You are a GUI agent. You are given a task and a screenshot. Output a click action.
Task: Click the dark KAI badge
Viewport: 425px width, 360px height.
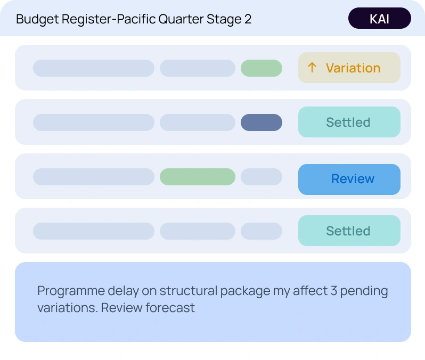pyautogui.click(x=379, y=19)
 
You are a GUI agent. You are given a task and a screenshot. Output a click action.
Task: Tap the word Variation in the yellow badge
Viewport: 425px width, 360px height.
pyautogui.click(x=353, y=68)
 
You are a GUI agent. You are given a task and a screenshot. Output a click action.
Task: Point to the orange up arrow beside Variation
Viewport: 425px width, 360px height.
pyautogui.click(x=312, y=68)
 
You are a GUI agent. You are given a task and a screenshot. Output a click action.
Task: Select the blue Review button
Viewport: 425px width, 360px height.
pyautogui.click(x=349, y=179)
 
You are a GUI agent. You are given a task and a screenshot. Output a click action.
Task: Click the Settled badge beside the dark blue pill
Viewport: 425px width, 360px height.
pyautogui.click(x=349, y=122)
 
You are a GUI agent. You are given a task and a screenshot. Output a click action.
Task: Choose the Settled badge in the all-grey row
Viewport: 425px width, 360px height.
pyautogui.click(x=349, y=231)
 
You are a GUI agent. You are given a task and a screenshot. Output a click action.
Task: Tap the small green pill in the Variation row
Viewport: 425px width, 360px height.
pyautogui.click(x=261, y=68)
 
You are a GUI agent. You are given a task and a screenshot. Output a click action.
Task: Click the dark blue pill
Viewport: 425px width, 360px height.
pyautogui.click(x=261, y=122)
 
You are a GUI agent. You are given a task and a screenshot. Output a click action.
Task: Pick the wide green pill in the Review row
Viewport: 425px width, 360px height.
pyautogui.click(x=197, y=177)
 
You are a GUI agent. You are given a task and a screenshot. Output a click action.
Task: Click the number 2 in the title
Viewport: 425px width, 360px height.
pyautogui.click(x=248, y=20)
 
